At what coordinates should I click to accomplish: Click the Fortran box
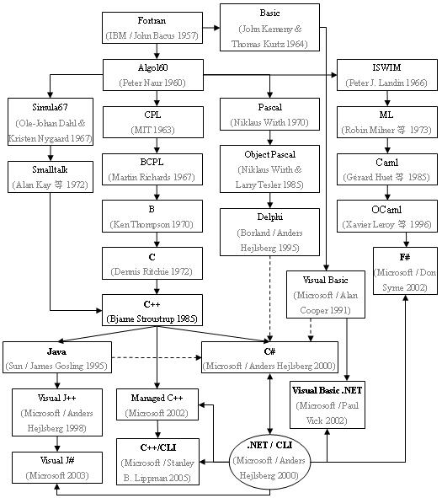point(152,28)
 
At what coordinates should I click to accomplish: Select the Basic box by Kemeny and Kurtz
point(269,27)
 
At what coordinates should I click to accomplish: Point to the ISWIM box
point(386,74)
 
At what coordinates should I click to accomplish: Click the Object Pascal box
point(269,168)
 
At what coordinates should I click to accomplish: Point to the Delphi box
point(269,233)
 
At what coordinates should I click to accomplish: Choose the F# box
point(406,270)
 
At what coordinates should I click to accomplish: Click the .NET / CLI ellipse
point(269,460)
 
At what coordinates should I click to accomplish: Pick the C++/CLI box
point(157,462)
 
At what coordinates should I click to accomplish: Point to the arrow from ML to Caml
point(386,145)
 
